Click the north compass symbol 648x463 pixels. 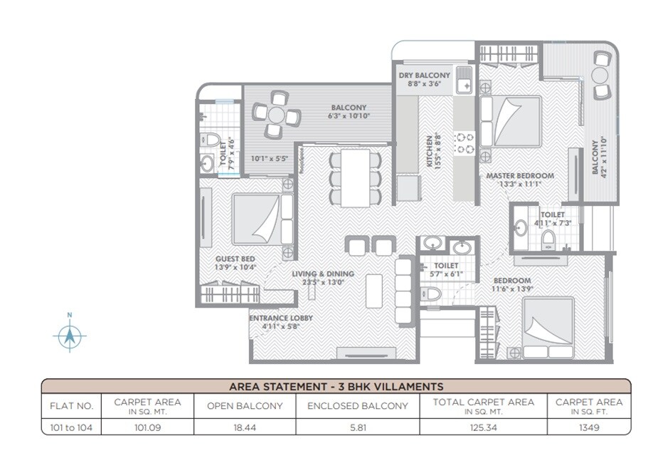pos(69,335)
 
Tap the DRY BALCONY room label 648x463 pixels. pos(425,76)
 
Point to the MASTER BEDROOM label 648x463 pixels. pos(519,175)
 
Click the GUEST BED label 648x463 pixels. pos(235,259)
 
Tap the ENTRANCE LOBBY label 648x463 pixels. pos(280,318)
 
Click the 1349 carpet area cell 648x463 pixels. pos(588,427)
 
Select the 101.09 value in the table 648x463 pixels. pos(147,427)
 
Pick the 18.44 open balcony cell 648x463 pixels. pos(244,427)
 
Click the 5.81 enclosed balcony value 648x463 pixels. pos(357,427)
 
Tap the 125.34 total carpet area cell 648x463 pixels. pos(482,427)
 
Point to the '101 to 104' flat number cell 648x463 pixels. pos(71,427)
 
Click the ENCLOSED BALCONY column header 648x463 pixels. pos(357,406)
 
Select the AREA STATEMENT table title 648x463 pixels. pos(336,387)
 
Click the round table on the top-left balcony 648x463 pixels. pos(275,114)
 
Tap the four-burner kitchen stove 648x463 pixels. pos(465,142)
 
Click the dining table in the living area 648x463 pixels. pos(355,177)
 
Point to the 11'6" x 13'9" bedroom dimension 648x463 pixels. pos(512,289)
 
